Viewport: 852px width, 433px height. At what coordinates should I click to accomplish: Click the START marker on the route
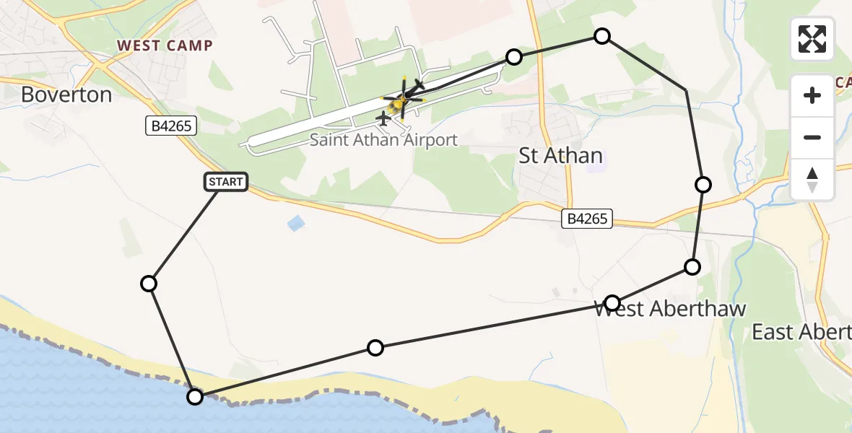tap(227, 182)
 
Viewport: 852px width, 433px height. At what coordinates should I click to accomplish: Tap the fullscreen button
tap(812, 39)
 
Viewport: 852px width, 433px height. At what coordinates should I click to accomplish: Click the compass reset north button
tap(812, 179)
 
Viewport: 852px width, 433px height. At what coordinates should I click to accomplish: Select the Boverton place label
tap(66, 95)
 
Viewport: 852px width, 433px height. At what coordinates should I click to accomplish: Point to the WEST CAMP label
tap(165, 45)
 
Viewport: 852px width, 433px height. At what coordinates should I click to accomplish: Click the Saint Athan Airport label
tap(383, 139)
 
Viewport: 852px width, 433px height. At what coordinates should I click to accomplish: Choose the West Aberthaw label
tap(669, 309)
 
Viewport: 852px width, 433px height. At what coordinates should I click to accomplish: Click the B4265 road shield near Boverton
tap(170, 126)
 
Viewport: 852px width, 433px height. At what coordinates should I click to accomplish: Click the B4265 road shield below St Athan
tap(588, 219)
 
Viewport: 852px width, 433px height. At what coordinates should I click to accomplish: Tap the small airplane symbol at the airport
tap(383, 118)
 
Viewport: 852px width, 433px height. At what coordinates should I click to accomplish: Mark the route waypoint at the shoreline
tap(195, 396)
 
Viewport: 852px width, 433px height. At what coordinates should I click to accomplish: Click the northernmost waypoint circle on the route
tap(601, 36)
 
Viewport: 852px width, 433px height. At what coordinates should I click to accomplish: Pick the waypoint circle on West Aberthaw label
tap(612, 302)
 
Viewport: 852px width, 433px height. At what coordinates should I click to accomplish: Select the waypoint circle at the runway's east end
tap(513, 57)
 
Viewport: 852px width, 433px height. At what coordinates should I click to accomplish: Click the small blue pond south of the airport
tap(296, 224)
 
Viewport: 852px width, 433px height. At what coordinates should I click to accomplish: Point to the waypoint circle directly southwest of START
tap(149, 284)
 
